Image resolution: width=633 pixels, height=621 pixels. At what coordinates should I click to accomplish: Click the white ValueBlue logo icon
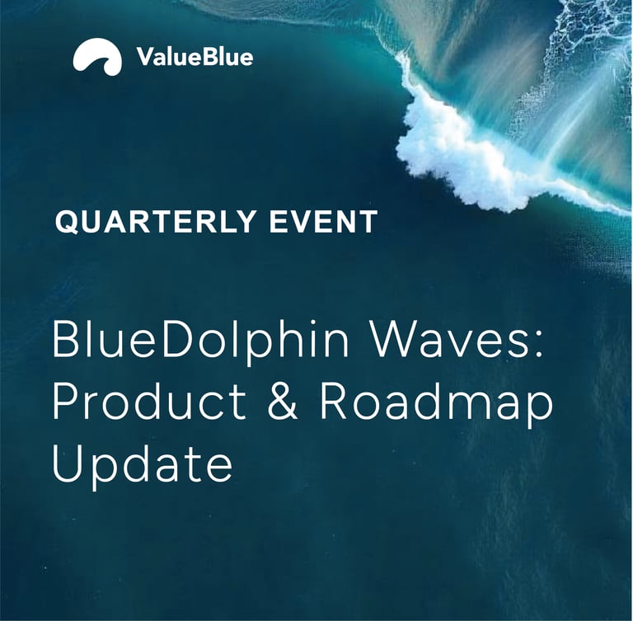(97, 56)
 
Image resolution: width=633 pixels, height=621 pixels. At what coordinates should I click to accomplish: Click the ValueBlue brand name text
(195, 57)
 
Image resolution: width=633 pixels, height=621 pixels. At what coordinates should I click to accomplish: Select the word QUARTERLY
(156, 222)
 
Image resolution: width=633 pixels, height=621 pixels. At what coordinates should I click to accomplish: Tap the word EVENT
(323, 221)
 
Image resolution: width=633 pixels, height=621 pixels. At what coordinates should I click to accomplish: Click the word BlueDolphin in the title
(200, 342)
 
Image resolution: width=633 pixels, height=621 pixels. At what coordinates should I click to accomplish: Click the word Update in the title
(143, 464)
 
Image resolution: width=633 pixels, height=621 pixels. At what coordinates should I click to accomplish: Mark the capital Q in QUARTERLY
(67, 222)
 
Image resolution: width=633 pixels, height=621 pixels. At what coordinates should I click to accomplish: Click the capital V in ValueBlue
(145, 57)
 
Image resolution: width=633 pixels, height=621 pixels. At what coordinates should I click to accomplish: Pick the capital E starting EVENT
(278, 221)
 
